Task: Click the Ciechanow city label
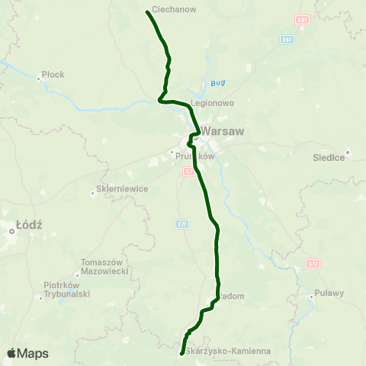(x=175, y=9)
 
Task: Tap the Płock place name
(x=53, y=74)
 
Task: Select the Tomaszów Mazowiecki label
(x=103, y=267)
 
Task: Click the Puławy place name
(x=329, y=293)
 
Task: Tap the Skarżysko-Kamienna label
(x=228, y=352)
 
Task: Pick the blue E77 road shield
(x=182, y=223)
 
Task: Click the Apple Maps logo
(x=27, y=353)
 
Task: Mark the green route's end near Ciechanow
(x=147, y=11)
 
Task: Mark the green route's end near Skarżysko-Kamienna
(x=181, y=354)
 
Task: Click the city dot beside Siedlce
(x=347, y=150)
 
